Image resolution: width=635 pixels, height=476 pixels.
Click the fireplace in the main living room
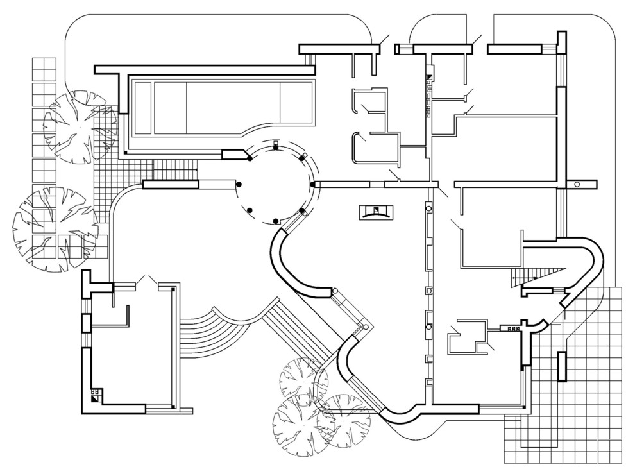377,212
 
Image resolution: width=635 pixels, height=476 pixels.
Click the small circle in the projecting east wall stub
577,185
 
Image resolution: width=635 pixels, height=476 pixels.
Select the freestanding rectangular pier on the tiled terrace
563,366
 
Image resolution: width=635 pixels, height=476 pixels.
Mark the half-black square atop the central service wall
430,76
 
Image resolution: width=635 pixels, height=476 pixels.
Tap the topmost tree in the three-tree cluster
303,380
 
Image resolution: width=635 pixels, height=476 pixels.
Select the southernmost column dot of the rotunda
276,221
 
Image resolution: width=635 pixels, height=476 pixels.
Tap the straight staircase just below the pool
174,170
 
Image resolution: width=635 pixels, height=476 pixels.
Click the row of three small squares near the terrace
512,328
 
